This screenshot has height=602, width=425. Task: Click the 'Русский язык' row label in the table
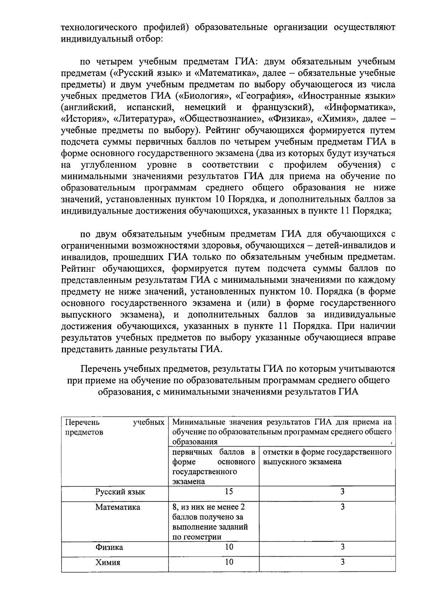tap(120, 492)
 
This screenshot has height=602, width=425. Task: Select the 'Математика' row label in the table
tap(118, 507)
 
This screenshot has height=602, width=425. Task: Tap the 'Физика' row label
tap(109, 547)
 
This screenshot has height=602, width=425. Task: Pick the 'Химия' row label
tap(108, 563)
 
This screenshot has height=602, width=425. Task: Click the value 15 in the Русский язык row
tap(229, 491)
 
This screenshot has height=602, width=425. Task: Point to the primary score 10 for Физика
tap(229, 547)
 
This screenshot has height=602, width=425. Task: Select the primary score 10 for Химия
tap(229, 562)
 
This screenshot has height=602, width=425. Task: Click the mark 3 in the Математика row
tap(342, 507)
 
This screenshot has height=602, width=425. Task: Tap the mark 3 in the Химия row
tap(342, 562)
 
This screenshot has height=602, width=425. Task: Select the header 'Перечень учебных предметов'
tap(114, 427)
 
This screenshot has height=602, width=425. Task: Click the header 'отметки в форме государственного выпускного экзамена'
tap(327, 457)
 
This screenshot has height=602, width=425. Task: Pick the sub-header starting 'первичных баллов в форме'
tap(214, 467)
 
